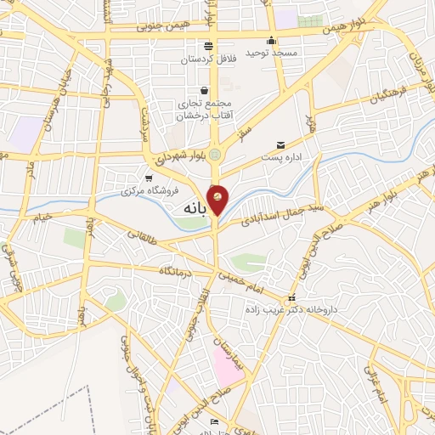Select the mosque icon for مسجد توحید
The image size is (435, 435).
point(271,40)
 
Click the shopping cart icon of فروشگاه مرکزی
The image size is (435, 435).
point(150,178)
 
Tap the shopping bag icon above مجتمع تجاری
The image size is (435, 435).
point(204,90)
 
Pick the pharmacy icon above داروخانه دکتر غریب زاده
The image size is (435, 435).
point(292,298)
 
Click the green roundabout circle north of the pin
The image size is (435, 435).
point(216,154)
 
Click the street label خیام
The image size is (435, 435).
point(42,217)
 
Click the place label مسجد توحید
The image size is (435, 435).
point(272,53)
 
